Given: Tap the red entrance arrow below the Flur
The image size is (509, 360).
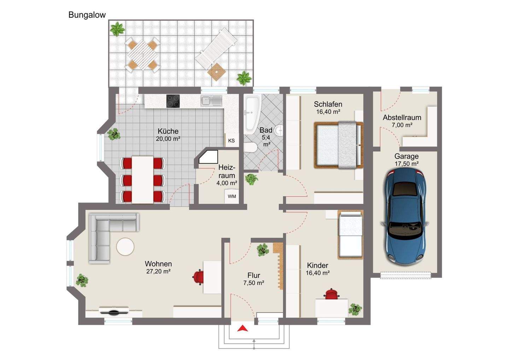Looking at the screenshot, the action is point(243,328).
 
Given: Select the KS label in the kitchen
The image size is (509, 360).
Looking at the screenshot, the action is point(231,141).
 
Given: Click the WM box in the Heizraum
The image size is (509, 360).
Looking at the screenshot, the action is point(232,196).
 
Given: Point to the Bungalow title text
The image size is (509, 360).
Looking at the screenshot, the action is point(87,15).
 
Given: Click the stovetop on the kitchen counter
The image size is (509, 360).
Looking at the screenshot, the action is point(173,101).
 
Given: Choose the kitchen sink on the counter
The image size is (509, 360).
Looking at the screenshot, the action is point(211,100).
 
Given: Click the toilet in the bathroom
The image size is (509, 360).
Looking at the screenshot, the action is point(250,147).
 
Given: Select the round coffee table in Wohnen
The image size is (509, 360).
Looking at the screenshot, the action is point(125,246).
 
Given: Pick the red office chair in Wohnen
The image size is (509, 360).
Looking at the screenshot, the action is point(198,277).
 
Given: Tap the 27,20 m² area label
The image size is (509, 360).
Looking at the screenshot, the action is point(158,271).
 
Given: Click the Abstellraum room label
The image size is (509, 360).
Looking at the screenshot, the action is point(402,117).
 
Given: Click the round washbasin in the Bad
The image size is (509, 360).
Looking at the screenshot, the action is point(279,130).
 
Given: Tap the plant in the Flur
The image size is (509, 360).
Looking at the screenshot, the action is point(263,250).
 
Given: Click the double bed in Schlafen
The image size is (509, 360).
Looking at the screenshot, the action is point(338,145).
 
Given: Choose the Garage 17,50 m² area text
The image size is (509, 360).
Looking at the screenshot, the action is point(406,160).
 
